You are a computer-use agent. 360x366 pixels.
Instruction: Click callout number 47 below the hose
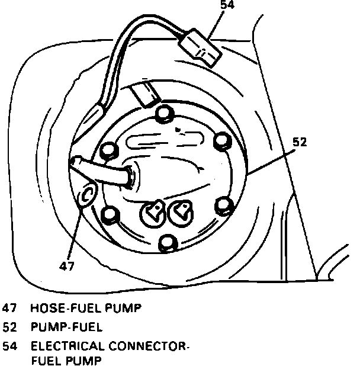tap(67, 266)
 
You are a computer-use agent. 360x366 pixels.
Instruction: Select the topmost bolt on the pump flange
tap(165, 114)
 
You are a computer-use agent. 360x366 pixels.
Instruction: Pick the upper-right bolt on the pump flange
tap(221, 140)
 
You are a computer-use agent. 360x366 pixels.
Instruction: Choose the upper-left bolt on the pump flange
tap(108, 150)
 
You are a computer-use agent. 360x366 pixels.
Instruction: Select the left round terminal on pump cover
tap(154, 211)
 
